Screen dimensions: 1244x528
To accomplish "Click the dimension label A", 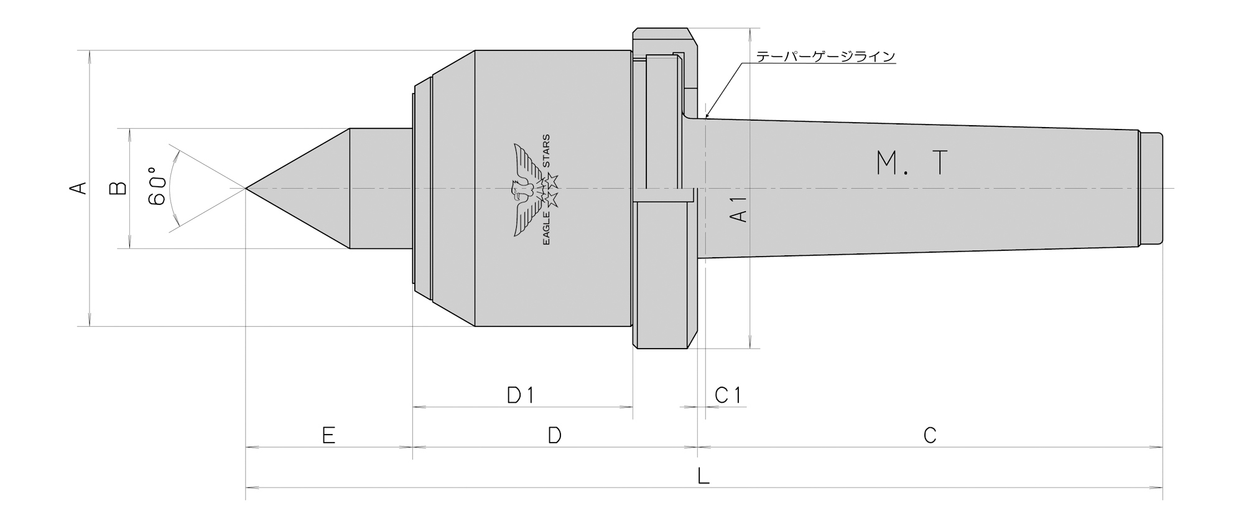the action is coord(79,188).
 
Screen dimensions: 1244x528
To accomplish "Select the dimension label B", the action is coord(118,188).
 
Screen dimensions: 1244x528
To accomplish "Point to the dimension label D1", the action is coord(521,395).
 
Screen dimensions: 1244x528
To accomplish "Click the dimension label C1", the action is coord(728,395).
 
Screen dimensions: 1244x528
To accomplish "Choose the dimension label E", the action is coord(329,435).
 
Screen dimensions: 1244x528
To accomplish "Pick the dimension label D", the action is coord(555,435).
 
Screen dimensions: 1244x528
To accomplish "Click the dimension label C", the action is coord(930,435).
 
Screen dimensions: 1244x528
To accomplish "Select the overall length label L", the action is coord(703,476).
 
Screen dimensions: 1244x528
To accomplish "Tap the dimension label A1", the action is coord(738,208).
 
